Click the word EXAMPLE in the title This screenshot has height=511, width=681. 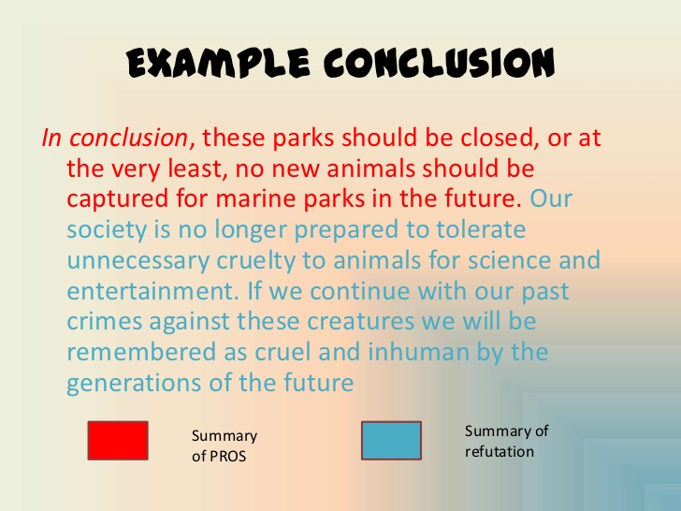218,64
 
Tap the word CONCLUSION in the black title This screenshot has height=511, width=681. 440,64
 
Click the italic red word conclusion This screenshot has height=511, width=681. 128,139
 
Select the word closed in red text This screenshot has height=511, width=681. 497,139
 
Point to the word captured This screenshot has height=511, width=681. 117,200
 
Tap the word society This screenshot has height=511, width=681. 107,230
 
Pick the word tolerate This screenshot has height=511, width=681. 481,229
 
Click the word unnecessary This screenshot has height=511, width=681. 138,262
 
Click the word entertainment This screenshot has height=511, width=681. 152,291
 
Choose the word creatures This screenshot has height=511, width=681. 360,322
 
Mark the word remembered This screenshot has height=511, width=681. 141,352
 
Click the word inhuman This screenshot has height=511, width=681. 419,352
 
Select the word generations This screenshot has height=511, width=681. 134,384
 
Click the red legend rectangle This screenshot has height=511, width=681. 118,441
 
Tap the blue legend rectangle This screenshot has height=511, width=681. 391,441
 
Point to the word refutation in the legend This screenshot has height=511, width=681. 500,452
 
